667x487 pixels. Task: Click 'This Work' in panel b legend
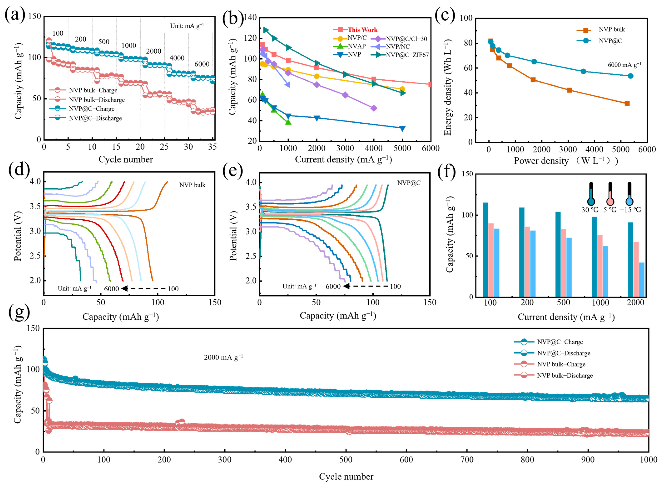[362, 30]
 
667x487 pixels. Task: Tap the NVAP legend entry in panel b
[356, 46]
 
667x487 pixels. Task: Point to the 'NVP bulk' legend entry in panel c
[612, 29]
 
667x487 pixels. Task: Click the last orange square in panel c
[627, 103]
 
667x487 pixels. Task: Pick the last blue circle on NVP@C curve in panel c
[630, 76]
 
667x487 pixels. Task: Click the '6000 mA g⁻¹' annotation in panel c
[624, 65]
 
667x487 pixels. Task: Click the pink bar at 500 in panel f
[563, 263]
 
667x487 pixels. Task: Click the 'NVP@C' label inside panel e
[409, 183]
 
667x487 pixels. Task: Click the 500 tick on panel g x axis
[346, 460]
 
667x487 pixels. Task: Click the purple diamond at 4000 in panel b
[373, 108]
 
